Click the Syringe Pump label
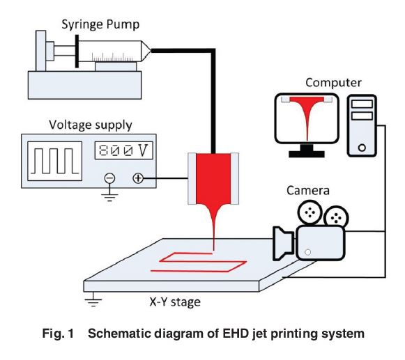[100, 25]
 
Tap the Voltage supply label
[91, 125]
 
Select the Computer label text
[333, 83]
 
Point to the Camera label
[308, 191]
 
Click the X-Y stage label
[175, 302]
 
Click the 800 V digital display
[123, 150]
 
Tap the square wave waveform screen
[55, 161]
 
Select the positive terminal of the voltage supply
[138, 178]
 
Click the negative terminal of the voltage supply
[109, 178]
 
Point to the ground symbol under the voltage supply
[109, 197]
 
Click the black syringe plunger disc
[77, 52]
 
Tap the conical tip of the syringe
[146, 51]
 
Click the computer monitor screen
[307, 118]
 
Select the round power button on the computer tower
[362, 148]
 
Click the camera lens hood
[283, 243]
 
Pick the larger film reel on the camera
[310, 212]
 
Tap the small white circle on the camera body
[307, 252]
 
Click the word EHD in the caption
[234, 333]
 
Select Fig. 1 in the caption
[58, 334]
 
